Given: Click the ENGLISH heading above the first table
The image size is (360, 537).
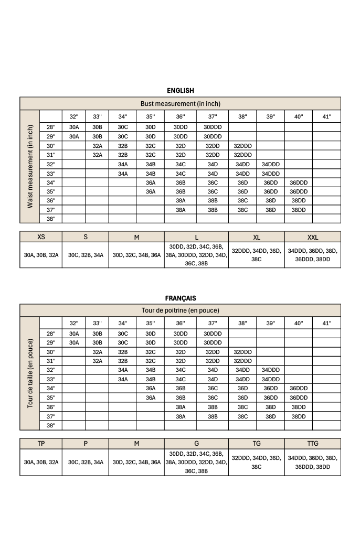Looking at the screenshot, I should coord(180,91).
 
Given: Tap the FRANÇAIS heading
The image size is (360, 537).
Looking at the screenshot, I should coord(180,298).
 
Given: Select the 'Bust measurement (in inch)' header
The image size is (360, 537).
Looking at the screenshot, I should coord(180,104).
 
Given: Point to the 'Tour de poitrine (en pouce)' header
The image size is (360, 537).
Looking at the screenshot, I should coord(180,310).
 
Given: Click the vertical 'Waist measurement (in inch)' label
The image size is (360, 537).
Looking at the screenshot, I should coord(30,167).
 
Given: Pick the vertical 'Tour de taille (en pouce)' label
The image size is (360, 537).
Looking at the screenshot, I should coord(30,373).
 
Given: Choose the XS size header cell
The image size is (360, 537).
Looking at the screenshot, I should coord(41,237).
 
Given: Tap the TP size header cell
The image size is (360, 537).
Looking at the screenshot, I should coord(41,444).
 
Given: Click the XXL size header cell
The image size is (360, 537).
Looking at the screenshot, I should coord(312,237).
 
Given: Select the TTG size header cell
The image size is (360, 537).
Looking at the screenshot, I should coord(312,444).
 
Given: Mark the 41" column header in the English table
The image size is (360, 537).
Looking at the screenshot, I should coord(326,116).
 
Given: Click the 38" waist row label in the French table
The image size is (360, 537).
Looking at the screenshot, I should coord(51,425).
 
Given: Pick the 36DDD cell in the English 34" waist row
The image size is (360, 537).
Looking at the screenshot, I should coord(298,182).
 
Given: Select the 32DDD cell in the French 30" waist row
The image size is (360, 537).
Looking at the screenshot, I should coord(242,352).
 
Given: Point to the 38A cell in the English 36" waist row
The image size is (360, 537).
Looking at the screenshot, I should coord(181,200).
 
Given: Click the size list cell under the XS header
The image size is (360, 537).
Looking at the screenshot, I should coord(41,255).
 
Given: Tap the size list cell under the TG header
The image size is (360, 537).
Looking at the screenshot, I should coord(256,461).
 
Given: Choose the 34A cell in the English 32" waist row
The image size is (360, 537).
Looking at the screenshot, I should coord(123,164).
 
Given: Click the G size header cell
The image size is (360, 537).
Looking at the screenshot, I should coord(196,444).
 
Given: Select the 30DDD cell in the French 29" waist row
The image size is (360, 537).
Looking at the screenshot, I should coord(213,342).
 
